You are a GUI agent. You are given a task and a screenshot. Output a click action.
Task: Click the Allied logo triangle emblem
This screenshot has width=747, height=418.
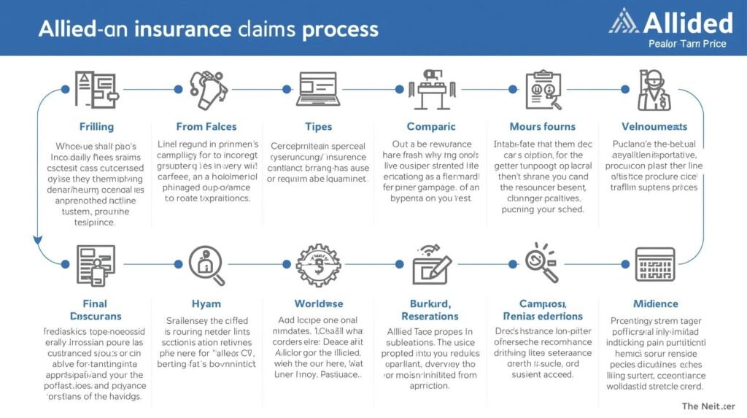pos(624,21)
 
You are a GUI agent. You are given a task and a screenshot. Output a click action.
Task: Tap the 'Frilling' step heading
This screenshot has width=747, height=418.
pos(96,126)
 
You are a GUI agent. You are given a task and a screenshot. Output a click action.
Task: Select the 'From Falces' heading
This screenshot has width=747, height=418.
pos(206,126)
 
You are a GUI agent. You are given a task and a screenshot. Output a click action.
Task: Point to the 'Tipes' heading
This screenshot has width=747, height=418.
pos(319,126)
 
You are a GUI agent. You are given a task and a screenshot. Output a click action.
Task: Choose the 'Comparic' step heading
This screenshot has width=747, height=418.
pos(431,126)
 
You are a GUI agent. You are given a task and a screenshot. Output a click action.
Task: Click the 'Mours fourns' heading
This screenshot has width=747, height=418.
pos(542,126)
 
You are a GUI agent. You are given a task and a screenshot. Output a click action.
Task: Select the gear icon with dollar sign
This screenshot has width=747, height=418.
pos(319,264)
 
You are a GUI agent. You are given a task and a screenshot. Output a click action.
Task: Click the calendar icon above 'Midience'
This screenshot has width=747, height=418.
pos(654,264)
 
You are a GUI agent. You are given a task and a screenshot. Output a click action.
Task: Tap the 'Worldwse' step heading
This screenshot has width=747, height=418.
pos(319,303)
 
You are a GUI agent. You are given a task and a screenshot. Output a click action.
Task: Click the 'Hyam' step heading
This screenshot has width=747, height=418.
pos(206,303)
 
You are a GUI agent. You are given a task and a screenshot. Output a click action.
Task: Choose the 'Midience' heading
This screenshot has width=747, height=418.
pos(654,303)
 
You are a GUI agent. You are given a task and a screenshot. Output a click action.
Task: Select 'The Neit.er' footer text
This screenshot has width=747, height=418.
pos(708,406)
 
